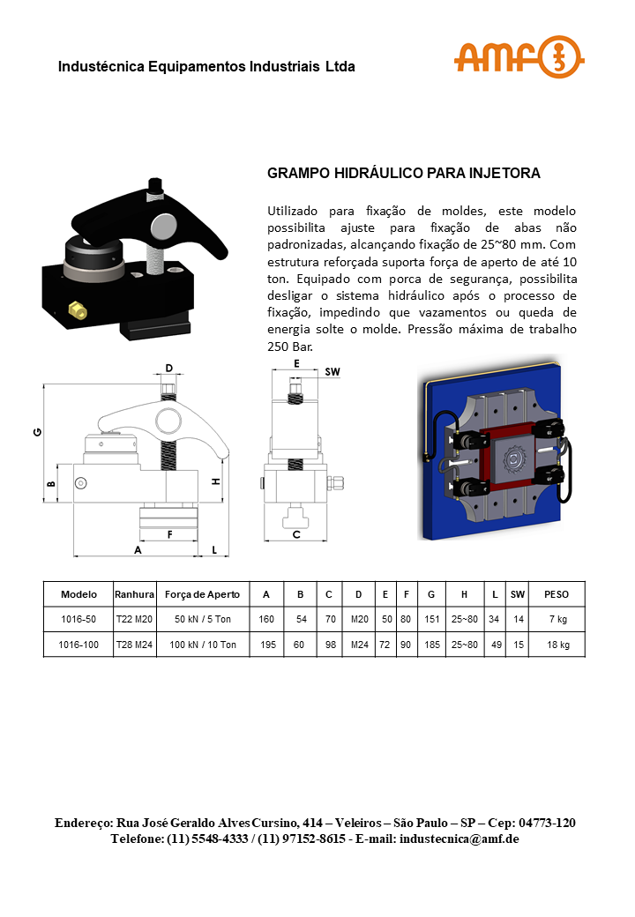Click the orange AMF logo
(519, 58)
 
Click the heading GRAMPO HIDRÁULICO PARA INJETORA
(403, 174)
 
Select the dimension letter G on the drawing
(36, 432)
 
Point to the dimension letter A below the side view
(137, 549)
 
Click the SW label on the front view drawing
(332, 372)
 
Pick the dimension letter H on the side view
(215, 481)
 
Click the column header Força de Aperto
(202, 594)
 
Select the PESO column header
(557, 594)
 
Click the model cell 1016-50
(78, 620)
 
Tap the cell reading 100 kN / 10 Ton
(203, 645)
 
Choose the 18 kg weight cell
(557, 645)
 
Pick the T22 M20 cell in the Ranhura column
(135, 620)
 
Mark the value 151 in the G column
(431, 620)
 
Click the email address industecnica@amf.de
(459, 839)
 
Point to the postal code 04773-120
(547, 823)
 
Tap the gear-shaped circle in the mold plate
(512, 460)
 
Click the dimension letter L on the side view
(214, 549)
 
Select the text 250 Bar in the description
(289, 347)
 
